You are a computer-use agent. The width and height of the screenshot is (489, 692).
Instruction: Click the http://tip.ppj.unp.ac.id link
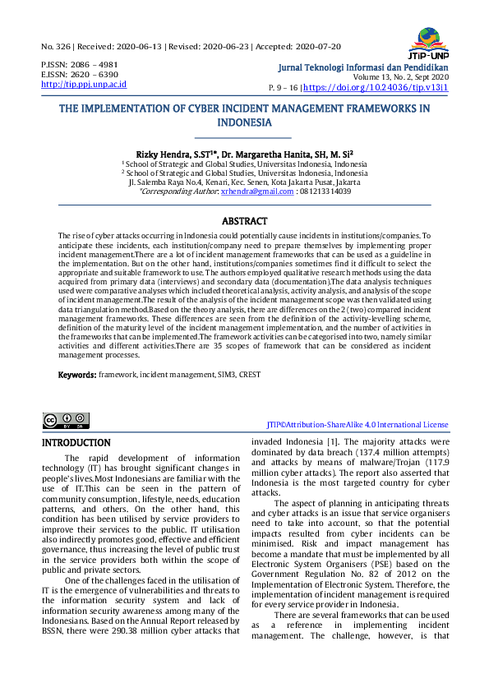pyautogui.click(x=84, y=84)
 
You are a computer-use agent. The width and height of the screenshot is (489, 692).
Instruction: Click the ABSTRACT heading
pyautogui.click(x=245, y=221)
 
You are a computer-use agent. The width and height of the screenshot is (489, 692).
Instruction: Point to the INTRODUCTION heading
pyautogui.click(x=87, y=443)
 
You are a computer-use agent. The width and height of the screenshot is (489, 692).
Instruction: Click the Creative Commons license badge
pyautogui.click(x=65, y=421)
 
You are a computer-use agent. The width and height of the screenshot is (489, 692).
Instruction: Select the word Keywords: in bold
pyautogui.click(x=77, y=375)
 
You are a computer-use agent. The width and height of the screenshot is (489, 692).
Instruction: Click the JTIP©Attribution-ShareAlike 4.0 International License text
pyautogui.click(x=358, y=425)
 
